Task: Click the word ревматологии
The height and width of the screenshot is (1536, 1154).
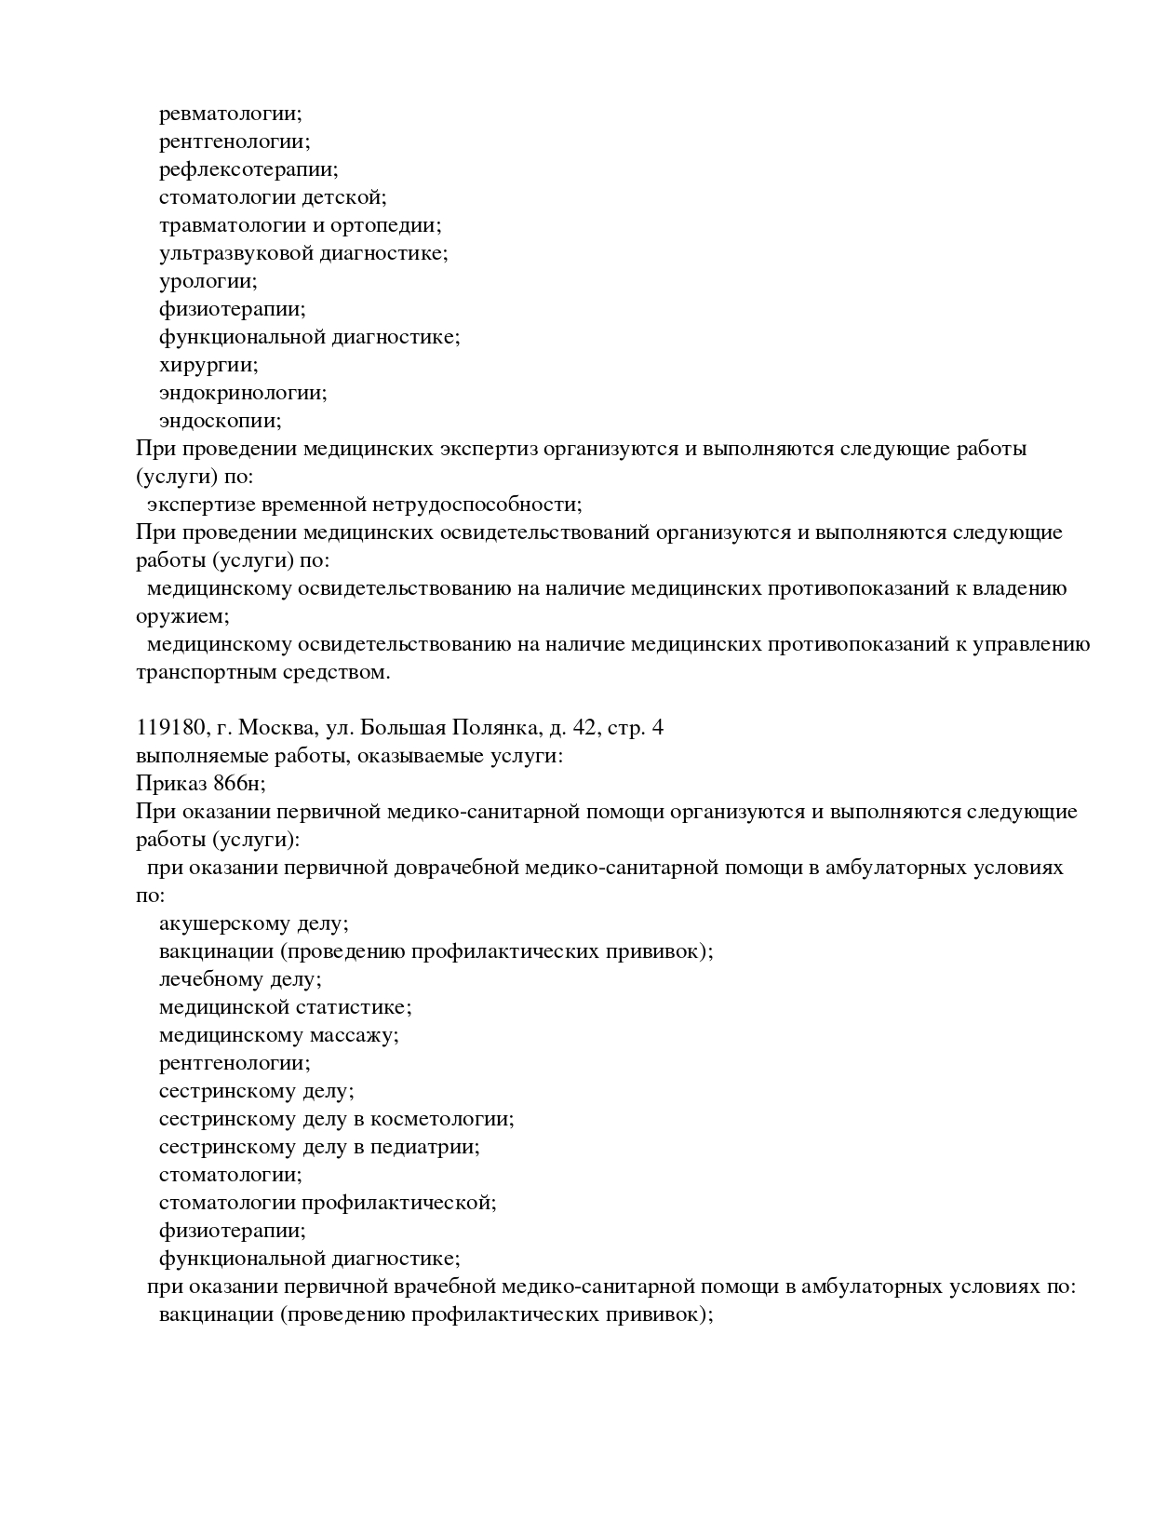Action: [230, 114]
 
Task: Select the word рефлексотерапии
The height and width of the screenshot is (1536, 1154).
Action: [248, 169]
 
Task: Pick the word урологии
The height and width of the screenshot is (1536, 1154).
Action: [208, 281]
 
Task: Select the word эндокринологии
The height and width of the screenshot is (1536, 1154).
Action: [243, 393]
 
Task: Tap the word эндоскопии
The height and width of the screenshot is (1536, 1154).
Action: [220, 421]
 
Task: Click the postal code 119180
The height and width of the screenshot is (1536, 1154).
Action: [166, 728]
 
